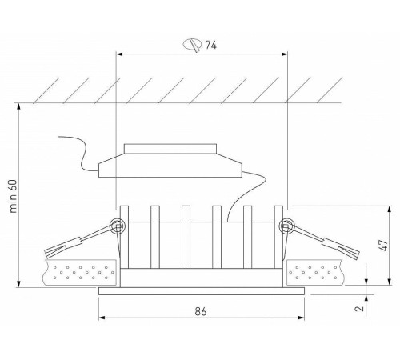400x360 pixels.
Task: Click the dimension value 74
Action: (211, 46)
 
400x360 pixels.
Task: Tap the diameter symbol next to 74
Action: (191, 46)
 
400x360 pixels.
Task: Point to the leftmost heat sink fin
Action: (123, 240)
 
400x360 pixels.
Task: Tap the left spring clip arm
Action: (76, 241)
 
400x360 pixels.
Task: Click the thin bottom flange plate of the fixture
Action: (202, 292)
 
